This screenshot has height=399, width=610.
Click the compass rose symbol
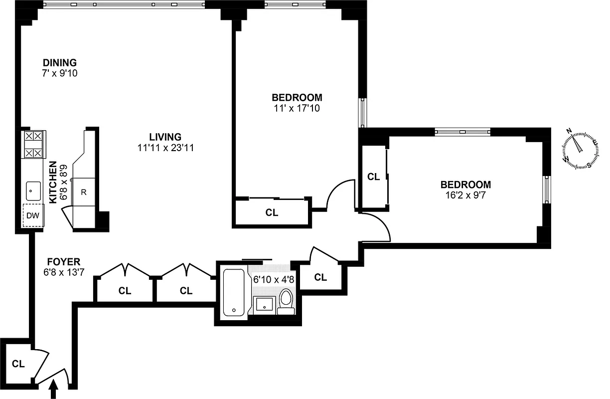(x=579, y=148)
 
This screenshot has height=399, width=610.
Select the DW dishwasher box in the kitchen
(x=33, y=215)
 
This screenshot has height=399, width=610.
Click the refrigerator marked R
(x=84, y=192)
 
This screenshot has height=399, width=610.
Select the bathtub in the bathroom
(x=233, y=293)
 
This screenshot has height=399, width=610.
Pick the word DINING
(x=59, y=63)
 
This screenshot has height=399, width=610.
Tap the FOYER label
(x=63, y=261)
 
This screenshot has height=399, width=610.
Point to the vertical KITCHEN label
(x=53, y=182)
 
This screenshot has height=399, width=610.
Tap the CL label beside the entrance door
(x=18, y=364)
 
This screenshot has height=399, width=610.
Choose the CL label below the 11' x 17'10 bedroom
(x=272, y=213)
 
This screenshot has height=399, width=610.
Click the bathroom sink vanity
(x=264, y=305)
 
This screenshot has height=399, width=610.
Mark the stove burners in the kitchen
(x=33, y=145)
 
